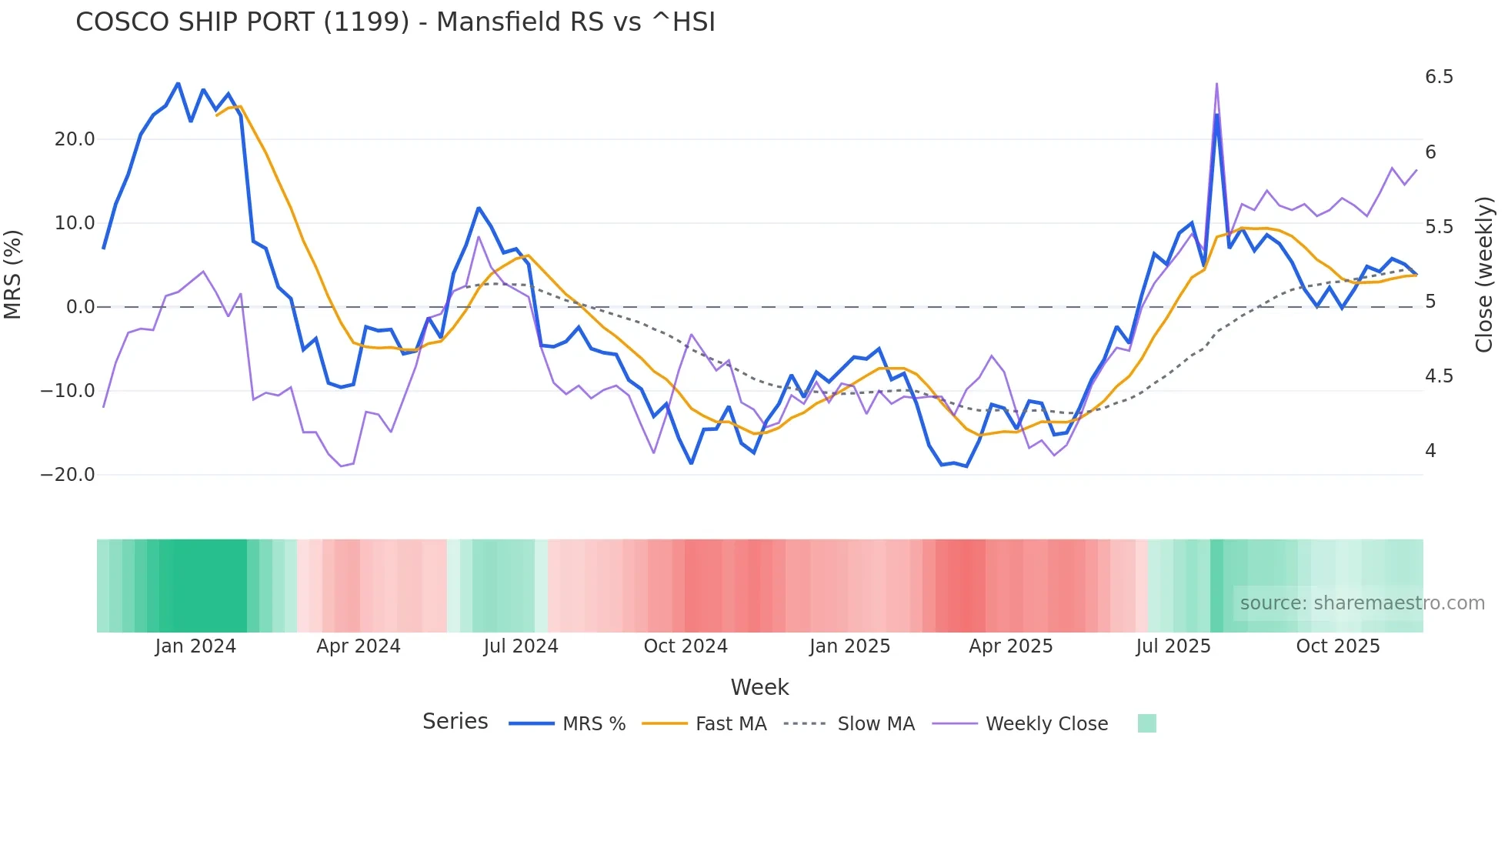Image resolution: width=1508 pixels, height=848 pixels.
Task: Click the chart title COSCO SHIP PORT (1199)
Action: [395, 22]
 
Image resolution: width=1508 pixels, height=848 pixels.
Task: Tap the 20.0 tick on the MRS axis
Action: [75, 139]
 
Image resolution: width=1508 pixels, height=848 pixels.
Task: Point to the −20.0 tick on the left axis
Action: [68, 475]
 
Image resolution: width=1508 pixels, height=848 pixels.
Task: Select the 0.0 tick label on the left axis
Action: [80, 307]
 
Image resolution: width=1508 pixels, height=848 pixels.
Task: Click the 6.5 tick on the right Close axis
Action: [1439, 77]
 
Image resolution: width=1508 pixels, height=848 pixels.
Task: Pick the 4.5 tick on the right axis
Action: [1439, 376]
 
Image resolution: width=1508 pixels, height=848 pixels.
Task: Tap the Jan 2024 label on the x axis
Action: [195, 646]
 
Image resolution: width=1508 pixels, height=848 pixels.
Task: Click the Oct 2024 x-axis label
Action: [686, 646]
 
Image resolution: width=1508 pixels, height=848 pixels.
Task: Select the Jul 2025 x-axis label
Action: [1173, 646]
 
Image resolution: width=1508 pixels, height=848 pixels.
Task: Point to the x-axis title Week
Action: [759, 687]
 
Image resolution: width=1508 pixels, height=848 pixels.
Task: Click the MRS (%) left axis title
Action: [13, 274]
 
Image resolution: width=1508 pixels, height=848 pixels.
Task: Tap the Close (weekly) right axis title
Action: [1484, 275]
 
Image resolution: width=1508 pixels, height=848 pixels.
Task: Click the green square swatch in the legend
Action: [1146, 723]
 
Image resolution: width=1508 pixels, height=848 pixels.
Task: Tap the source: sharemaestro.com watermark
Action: [1362, 603]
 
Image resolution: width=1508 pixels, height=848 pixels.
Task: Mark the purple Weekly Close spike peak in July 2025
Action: [1216, 83]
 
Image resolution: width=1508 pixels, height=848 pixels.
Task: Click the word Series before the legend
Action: [455, 722]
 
